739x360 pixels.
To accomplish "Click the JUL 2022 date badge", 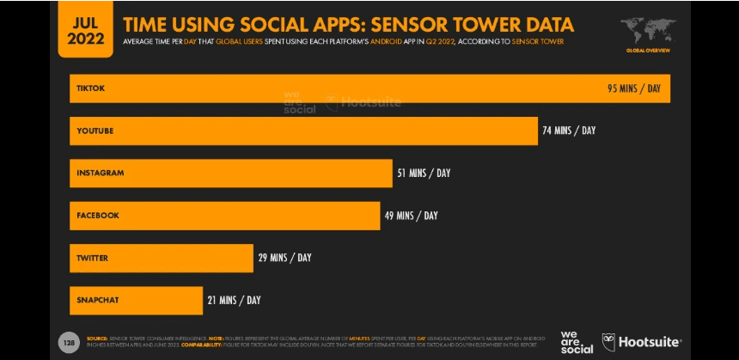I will (x=85, y=28).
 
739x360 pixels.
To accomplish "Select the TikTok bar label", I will (x=90, y=88).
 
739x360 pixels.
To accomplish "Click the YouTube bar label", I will (x=95, y=131).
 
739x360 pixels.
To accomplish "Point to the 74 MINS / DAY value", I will (x=568, y=131).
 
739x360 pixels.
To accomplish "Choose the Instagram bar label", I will (x=100, y=173).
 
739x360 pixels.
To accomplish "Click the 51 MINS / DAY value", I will (x=423, y=173).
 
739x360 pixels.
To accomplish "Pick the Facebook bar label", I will (x=97, y=216).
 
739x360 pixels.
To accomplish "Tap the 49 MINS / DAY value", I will (x=411, y=216).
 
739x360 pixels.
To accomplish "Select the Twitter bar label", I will (x=92, y=258).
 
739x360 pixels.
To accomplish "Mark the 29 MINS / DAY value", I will (x=284, y=258).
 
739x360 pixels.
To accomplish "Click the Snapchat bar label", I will (x=97, y=300).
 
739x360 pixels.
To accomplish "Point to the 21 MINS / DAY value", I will (x=234, y=300).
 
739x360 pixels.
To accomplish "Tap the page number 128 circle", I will (x=68, y=342).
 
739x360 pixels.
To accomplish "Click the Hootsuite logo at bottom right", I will (x=642, y=341).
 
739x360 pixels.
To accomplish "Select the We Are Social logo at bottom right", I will (x=576, y=342).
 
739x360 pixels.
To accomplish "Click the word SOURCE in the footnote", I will (x=96, y=339).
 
